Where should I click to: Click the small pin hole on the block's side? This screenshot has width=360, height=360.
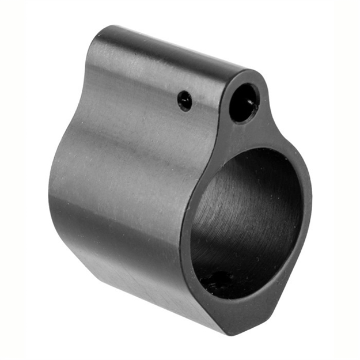coord(184,100)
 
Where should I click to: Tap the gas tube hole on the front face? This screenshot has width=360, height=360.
coord(244,103)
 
